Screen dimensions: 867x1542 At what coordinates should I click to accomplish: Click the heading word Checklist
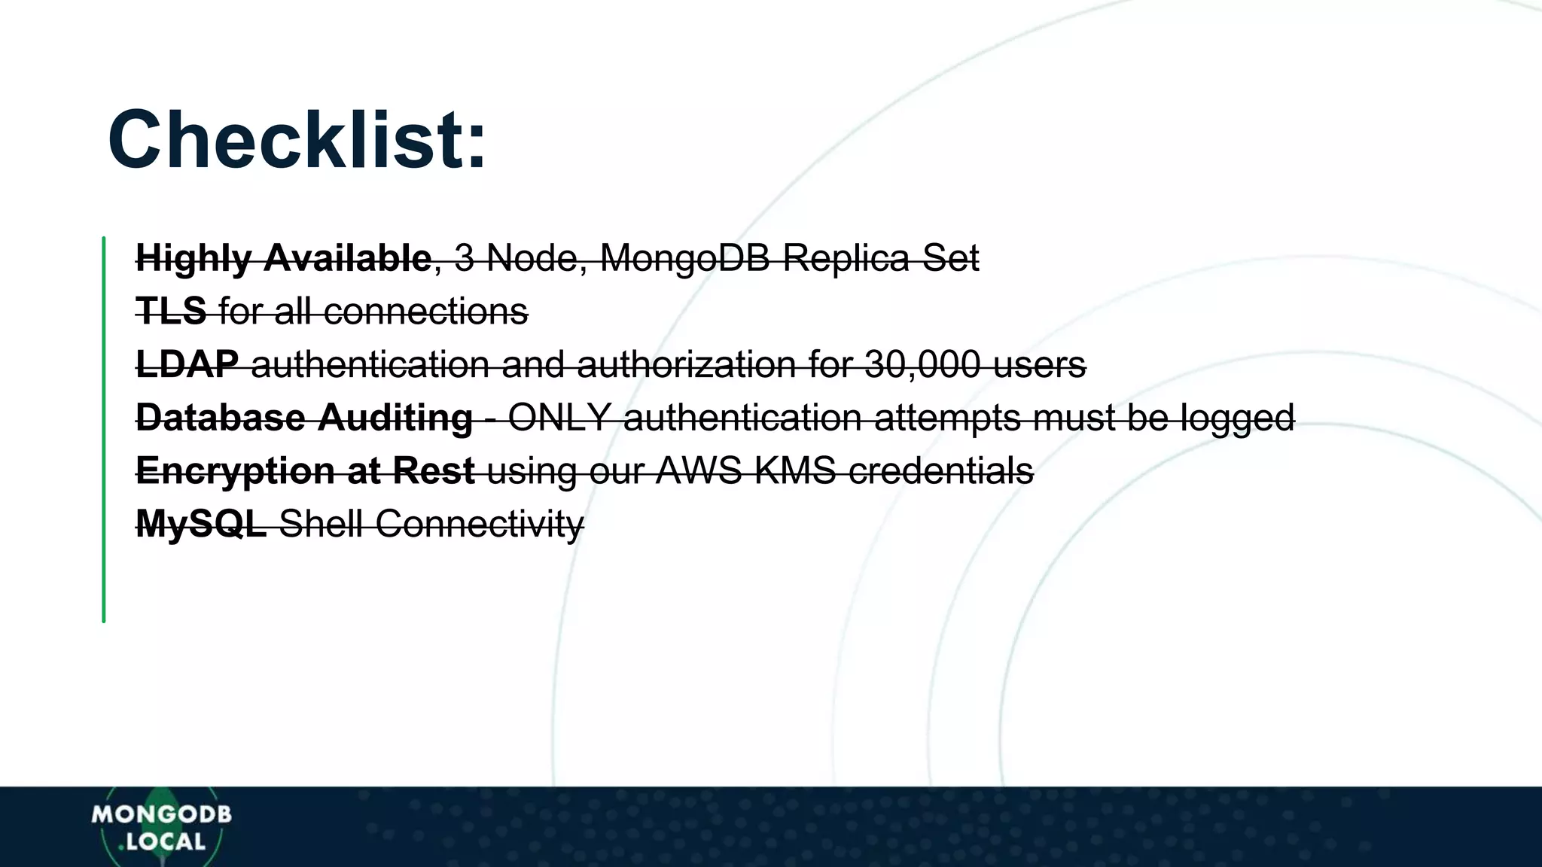(x=297, y=141)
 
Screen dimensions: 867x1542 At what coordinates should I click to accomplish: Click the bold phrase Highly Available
(x=283, y=258)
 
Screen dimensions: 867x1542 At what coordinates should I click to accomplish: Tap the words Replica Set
(x=881, y=258)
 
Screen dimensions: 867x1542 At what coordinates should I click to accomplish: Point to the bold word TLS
(x=171, y=311)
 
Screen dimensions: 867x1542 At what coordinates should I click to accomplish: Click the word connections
(x=426, y=311)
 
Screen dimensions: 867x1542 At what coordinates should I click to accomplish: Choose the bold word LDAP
(x=187, y=364)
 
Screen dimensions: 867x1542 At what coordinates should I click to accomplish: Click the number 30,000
(x=922, y=364)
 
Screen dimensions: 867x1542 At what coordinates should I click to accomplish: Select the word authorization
(x=686, y=364)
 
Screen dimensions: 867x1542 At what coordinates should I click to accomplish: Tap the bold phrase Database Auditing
(x=304, y=418)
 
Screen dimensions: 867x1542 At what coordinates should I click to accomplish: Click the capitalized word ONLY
(x=559, y=418)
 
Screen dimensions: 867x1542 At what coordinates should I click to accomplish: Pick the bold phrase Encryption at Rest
(x=305, y=471)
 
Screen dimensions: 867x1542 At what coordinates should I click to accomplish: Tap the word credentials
(x=940, y=471)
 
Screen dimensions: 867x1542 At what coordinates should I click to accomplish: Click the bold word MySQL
(x=201, y=524)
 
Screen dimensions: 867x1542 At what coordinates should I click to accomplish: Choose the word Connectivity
(x=480, y=524)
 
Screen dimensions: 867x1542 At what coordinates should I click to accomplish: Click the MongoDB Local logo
(x=161, y=827)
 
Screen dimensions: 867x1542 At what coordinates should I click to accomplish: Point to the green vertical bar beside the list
(x=104, y=429)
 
